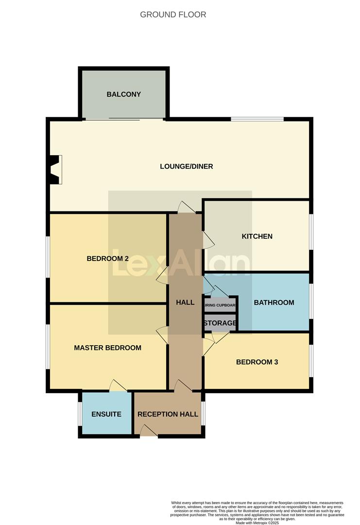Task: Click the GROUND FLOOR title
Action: pyautogui.click(x=173, y=15)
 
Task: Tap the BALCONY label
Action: pyautogui.click(x=124, y=94)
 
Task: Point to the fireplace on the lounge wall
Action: pyautogui.click(x=55, y=170)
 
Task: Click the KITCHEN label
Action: pyautogui.click(x=257, y=236)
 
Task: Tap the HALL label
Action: pyautogui.click(x=185, y=302)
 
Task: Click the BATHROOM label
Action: pyautogui.click(x=274, y=302)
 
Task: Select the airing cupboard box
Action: pyautogui.click(x=220, y=306)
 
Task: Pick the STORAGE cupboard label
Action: pyautogui.click(x=220, y=323)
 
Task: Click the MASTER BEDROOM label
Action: pyautogui.click(x=107, y=348)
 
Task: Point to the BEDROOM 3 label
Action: pyautogui.click(x=257, y=362)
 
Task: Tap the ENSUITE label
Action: pyautogui.click(x=106, y=414)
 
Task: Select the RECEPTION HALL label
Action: pyautogui.click(x=168, y=414)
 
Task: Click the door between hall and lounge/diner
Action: pyautogui.click(x=186, y=208)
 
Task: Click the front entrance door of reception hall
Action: pyautogui.click(x=148, y=431)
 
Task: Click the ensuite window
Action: pyautogui.click(x=80, y=414)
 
